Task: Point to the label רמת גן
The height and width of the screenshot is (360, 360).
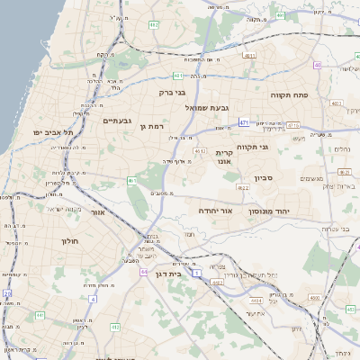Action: [x=156, y=127]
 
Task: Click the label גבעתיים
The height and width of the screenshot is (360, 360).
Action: [x=118, y=121]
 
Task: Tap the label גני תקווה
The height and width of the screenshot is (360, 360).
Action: [x=254, y=146]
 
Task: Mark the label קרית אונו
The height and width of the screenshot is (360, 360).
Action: [x=225, y=157]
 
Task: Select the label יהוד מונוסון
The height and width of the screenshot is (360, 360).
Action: [x=267, y=209]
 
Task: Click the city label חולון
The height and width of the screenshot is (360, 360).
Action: [x=71, y=241]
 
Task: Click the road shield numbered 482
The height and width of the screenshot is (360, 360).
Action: [x=154, y=24]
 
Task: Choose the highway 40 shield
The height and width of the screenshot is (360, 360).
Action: [x=318, y=65]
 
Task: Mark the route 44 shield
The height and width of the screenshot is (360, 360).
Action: [x=143, y=270]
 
